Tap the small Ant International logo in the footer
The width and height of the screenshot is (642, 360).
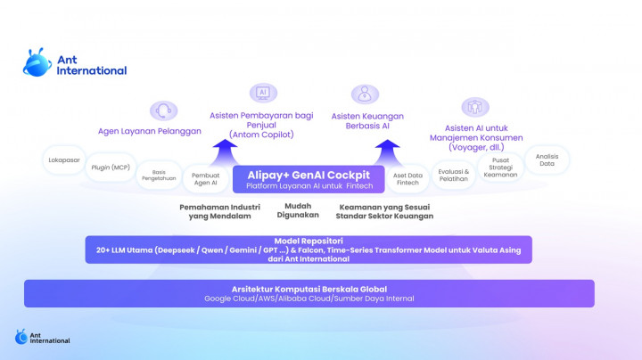click(x=42, y=337)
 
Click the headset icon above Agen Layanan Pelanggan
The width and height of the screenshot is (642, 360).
click(x=163, y=111)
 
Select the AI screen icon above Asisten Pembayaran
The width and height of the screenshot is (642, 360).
click(x=262, y=93)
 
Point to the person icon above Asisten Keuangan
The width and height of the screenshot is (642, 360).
click(x=364, y=94)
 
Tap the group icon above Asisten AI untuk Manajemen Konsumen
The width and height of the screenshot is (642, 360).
click(x=475, y=107)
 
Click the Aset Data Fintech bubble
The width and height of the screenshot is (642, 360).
click(x=407, y=177)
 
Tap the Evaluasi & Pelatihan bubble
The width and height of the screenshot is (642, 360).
click(x=454, y=173)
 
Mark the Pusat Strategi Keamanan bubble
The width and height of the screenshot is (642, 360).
click(x=499, y=167)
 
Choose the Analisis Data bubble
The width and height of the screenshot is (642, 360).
click(x=547, y=160)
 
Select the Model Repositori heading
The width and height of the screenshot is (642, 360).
click(x=309, y=241)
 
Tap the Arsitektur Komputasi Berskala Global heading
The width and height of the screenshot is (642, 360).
click(x=309, y=289)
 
